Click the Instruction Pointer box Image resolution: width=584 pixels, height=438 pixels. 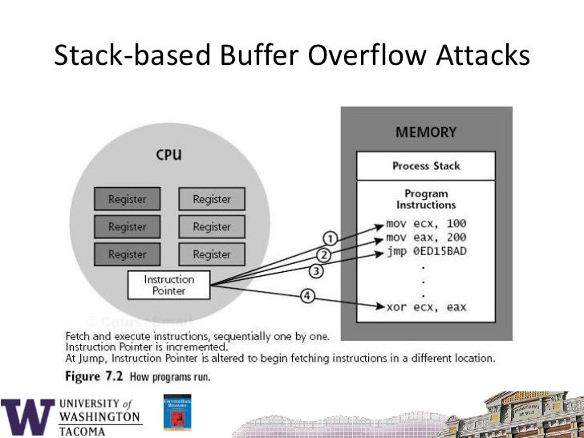(169, 285)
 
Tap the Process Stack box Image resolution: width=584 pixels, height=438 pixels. (426, 166)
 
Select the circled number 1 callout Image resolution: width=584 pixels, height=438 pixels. (330, 237)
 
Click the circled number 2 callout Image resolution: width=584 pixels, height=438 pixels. (324, 255)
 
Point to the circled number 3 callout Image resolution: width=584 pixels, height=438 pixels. (316, 271)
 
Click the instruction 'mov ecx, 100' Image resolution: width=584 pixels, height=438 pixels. (426, 222)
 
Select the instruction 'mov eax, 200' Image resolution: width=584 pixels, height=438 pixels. (426, 237)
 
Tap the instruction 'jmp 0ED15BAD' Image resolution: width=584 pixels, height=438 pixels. (426, 253)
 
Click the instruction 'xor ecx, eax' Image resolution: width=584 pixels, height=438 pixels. (426, 307)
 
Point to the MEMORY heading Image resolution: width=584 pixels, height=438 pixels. (426, 132)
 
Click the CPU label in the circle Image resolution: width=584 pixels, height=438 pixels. (168, 154)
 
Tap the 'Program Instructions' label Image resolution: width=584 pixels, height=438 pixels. (426, 199)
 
